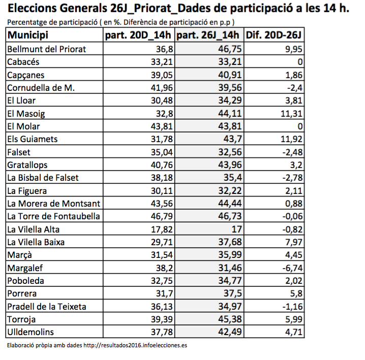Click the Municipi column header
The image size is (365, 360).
pyautogui.click(x=27, y=35)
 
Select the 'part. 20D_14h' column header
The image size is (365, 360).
pyautogui.click(x=138, y=35)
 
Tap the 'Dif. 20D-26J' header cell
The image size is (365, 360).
pyautogui.click(x=273, y=35)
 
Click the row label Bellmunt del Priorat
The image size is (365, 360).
pyautogui.click(x=47, y=49)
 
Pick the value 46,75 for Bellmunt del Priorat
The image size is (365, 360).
pyautogui.click(x=230, y=49)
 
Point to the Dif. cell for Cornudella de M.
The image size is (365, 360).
pyautogui.click(x=294, y=88)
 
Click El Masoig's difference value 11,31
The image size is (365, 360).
pyautogui.click(x=291, y=114)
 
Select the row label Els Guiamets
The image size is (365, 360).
pyautogui.click(x=33, y=139)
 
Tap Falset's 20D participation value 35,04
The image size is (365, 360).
pyautogui.click(x=162, y=152)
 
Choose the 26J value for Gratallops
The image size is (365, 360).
pyautogui.click(x=230, y=165)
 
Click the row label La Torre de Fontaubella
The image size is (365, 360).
pyautogui.click(x=53, y=216)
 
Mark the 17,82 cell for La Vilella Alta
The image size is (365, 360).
pyautogui.click(x=162, y=230)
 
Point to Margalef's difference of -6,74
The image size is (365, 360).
pyautogui.click(x=292, y=268)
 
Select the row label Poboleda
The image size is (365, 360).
pyautogui.click(x=25, y=281)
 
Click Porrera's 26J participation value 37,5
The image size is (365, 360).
pyautogui.click(x=233, y=293)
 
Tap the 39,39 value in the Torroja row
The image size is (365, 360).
pyautogui.click(x=162, y=319)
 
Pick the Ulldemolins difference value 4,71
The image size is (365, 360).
pyautogui.click(x=293, y=332)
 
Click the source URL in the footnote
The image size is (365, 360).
pyautogui.click(x=135, y=345)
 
